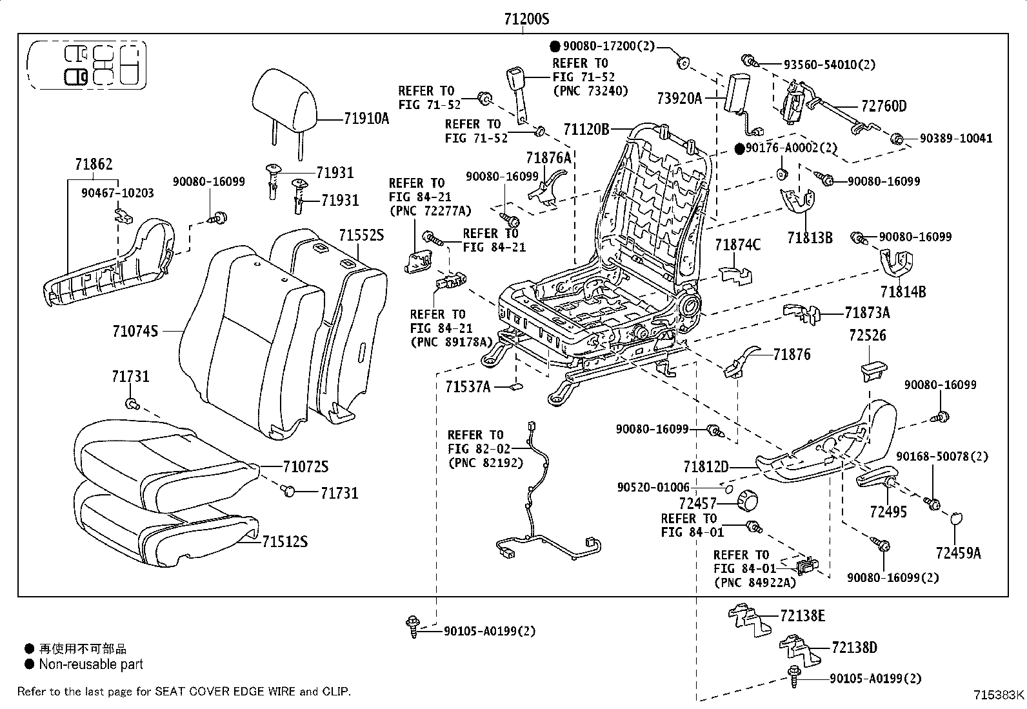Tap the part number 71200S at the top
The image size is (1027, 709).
(x=526, y=19)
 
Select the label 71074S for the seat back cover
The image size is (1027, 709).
(x=135, y=331)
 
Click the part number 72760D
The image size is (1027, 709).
(x=883, y=106)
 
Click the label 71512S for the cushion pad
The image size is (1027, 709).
(x=284, y=541)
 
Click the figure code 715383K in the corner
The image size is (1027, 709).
(x=999, y=695)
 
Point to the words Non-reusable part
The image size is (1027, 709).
(x=91, y=664)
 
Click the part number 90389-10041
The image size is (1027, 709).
(x=956, y=138)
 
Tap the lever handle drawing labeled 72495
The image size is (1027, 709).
(x=875, y=481)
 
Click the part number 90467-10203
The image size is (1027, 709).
(x=118, y=193)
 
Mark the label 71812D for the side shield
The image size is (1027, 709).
(x=706, y=466)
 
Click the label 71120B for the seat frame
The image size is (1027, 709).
(x=586, y=130)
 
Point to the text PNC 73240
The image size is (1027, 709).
(x=590, y=91)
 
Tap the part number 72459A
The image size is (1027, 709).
(x=959, y=552)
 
